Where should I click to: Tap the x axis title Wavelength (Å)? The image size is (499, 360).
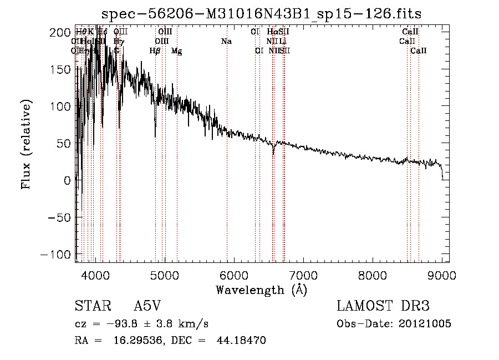click(x=261, y=290)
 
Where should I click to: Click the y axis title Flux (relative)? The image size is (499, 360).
click(x=27, y=143)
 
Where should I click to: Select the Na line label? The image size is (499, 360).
click(x=226, y=41)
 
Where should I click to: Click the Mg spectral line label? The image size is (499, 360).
click(x=176, y=51)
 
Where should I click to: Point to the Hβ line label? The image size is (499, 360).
click(x=155, y=51)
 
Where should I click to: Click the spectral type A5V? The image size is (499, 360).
click(x=148, y=307)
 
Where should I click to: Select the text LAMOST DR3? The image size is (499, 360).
click(x=383, y=307)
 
